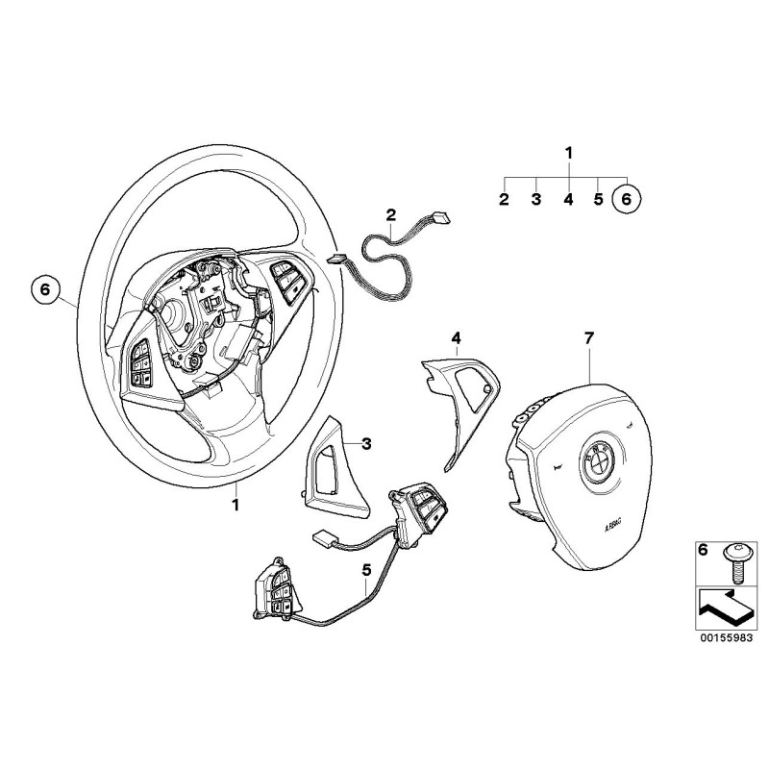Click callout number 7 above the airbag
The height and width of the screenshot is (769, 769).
click(x=589, y=338)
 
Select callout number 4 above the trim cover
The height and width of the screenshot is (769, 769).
click(x=456, y=338)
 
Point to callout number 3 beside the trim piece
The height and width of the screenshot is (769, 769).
click(x=366, y=444)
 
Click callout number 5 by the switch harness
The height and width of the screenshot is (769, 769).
click(x=366, y=570)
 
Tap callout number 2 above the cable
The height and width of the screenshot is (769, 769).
click(x=391, y=214)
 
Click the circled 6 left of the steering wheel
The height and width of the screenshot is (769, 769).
click(x=45, y=290)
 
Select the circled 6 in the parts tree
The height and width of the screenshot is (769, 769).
click(x=628, y=199)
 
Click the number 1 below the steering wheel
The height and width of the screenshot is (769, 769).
click(x=236, y=504)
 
